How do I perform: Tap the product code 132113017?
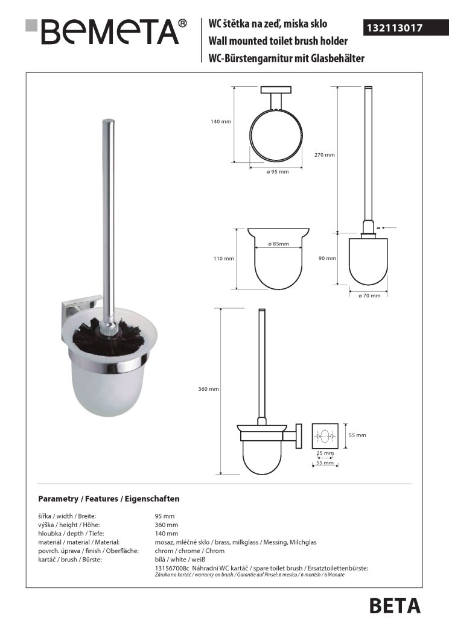pos(395,28)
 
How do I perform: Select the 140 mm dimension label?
pos(221,122)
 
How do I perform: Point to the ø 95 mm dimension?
pos(278,172)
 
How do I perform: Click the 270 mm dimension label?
pos(325,155)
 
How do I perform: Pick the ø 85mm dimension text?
pos(278,244)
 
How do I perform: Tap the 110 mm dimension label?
pos(223,259)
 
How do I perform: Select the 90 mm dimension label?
pos(326,258)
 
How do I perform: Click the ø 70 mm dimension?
pos(369,295)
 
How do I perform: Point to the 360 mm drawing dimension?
pos(208,389)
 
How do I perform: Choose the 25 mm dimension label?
pos(325,453)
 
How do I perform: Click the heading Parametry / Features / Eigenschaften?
pos(109,499)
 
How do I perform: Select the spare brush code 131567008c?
pos(173,568)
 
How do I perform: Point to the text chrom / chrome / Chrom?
pos(189,551)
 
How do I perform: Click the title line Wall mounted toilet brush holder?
pos(278,41)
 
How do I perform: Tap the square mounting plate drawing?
pos(325,436)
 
